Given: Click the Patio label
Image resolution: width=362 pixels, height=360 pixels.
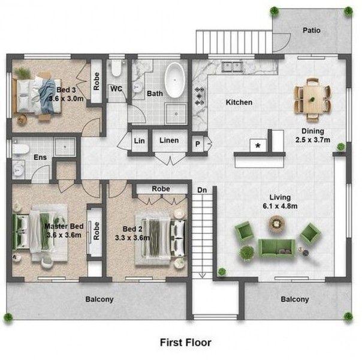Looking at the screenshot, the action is (312, 30).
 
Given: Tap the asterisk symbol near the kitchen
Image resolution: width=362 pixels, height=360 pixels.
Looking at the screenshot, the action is (258, 146).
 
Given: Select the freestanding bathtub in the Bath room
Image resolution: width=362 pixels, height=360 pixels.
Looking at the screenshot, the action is (174, 80).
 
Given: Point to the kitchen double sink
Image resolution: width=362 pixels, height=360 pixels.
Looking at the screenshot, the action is (232, 67).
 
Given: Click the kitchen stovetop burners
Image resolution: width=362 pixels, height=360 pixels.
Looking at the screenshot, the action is (199, 96).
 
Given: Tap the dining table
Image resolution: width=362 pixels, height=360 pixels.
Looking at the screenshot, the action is (312, 99).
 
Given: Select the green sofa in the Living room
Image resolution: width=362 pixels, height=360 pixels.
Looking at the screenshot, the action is (276, 248).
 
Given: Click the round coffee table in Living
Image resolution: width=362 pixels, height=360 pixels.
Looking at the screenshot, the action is (276, 223).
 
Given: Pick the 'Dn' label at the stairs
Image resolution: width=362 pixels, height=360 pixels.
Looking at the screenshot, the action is (202, 190).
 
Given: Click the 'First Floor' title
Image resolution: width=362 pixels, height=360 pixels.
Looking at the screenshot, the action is (186, 343).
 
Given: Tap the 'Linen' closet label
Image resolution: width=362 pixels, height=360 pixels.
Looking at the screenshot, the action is (169, 140).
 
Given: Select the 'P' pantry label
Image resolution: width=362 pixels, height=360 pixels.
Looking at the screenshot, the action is (198, 144).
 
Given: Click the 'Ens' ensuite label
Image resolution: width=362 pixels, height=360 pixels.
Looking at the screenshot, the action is (40, 157).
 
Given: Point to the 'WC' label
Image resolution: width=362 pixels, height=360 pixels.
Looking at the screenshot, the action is (116, 89).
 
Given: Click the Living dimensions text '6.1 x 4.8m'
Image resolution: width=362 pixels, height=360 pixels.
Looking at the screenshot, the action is (280, 206).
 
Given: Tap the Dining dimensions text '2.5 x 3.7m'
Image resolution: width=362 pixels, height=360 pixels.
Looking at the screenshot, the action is (313, 140).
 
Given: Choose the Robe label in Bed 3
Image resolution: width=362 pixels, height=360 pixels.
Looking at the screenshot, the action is (96, 82).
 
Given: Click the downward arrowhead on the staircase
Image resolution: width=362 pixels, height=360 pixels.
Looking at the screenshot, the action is (202, 275).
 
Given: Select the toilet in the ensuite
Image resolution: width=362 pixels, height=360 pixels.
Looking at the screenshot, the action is (20, 149).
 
